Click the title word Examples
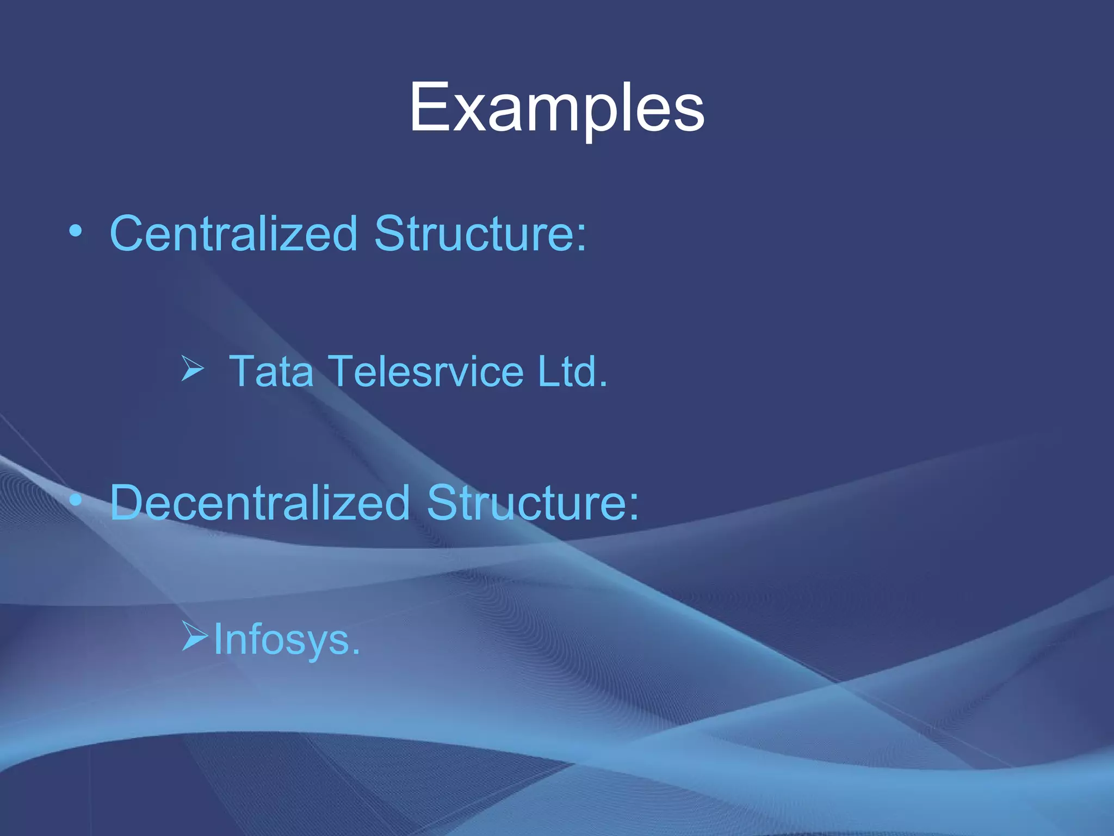556,107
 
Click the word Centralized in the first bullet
233,233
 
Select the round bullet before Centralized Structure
76,232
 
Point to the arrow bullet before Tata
192,368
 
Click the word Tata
271,371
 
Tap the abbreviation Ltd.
571,371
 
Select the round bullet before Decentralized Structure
76,500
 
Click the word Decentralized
259,502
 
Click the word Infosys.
287,640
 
